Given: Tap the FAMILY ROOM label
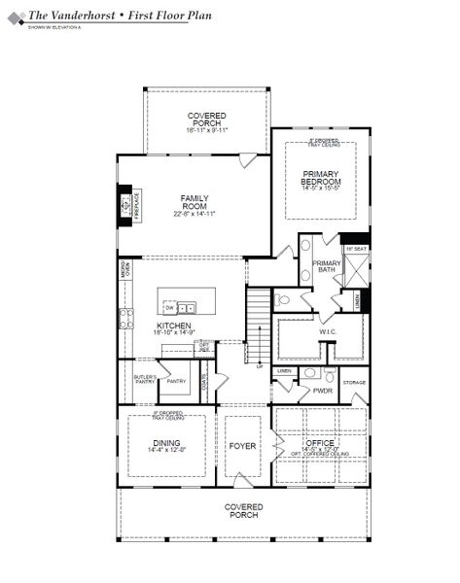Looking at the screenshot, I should (x=195, y=202).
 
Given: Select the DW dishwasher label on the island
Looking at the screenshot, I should (x=169, y=308).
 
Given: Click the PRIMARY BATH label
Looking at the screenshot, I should (x=326, y=267).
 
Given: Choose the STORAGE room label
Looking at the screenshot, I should (x=354, y=383).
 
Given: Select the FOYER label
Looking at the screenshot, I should (x=242, y=446).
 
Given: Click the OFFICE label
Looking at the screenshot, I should (x=320, y=442).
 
